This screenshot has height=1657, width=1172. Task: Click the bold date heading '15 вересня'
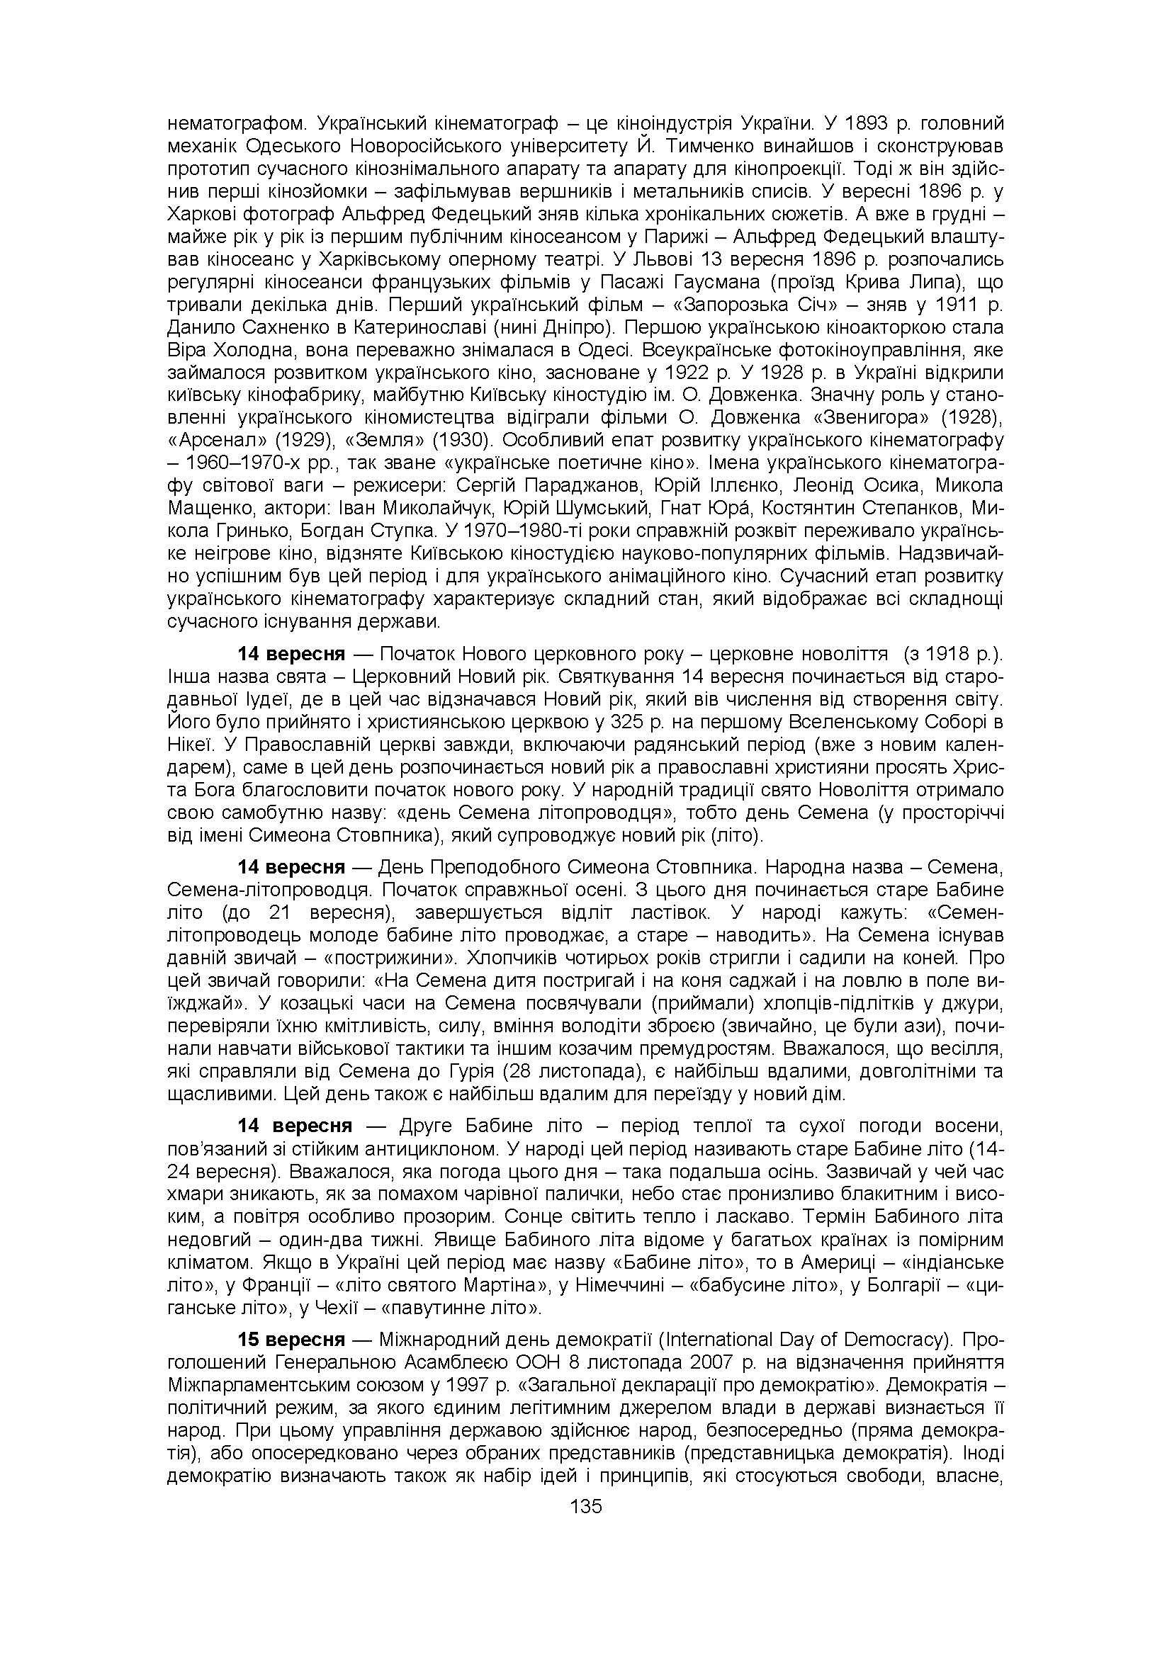click(291, 1340)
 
